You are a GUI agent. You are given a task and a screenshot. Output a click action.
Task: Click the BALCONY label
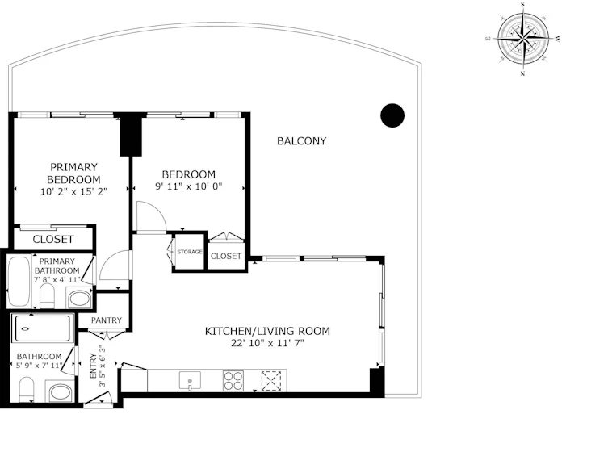click(x=302, y=141)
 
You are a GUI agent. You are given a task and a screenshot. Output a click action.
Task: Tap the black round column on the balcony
click(x=392, y=115)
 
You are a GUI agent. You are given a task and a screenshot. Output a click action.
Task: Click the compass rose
click(x=523, y=39)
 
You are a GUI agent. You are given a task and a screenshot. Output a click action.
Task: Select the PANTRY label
click(x=107, y=320)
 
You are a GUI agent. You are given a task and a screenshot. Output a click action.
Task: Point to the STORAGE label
click(x=190, y=252)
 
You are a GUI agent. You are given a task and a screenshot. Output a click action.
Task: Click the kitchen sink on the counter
click(x=190, y=381)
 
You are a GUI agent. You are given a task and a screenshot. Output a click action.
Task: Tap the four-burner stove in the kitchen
click(x=233, y=381)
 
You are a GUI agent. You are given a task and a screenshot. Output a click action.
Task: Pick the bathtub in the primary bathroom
click(x=19, y=281)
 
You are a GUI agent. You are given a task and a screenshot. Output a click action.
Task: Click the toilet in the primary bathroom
click(x=48, y=295)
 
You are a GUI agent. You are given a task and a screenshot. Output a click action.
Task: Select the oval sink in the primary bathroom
click(x=79, y=299)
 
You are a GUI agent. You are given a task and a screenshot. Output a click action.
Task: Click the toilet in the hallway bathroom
click(x=27, y=390)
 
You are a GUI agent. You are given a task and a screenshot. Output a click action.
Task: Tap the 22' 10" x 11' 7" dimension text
click(x=267, y=343)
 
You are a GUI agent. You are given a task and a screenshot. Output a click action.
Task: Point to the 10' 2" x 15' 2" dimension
click(x=73, y=191)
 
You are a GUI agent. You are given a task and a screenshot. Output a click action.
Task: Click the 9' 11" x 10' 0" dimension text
click(x=189, y=186)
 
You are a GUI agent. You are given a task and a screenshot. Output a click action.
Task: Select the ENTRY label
click(x=94, y=366)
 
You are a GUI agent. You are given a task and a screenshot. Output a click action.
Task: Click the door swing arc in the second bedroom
click(x=157, y=211)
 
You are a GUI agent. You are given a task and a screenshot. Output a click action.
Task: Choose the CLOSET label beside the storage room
click(x=226, y=256)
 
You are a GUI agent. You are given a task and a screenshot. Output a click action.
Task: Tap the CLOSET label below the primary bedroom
click(x=53, y=240)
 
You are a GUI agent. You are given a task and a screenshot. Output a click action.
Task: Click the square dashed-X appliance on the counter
click(x=271, y=380)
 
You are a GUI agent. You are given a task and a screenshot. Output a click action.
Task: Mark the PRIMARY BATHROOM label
click(x=57, y=266)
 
